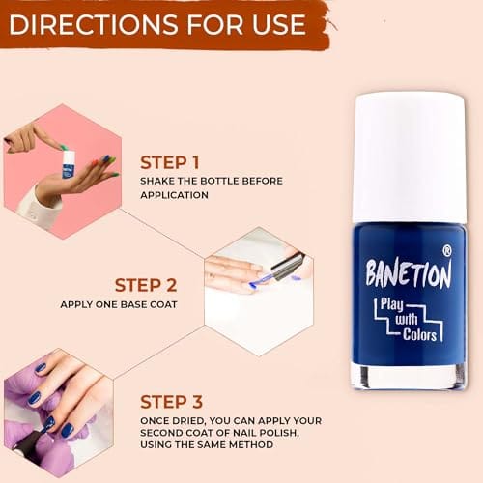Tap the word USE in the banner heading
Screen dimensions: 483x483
point(279,25)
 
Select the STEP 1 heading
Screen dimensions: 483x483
point(170,162)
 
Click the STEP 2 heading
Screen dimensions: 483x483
point(146,285)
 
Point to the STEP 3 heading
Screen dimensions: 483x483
point(171,402)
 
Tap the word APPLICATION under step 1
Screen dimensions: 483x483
point(174,195)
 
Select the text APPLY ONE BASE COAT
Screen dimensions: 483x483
point(119,304)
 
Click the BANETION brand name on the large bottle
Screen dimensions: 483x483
point(409,273)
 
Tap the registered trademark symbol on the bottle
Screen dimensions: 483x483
point(447,251)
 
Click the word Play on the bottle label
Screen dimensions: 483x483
point(391,304)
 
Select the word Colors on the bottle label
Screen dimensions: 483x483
point(419,334)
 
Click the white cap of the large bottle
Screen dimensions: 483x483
point(410,157)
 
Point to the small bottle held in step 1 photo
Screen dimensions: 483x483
point(68,164)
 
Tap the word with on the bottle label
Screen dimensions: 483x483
point(407,319)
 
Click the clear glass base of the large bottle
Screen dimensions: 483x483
point(409,376)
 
